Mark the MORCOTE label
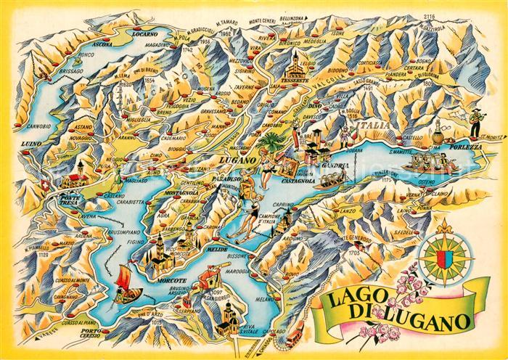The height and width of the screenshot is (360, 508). pyautogui.click(x=171, y=279)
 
